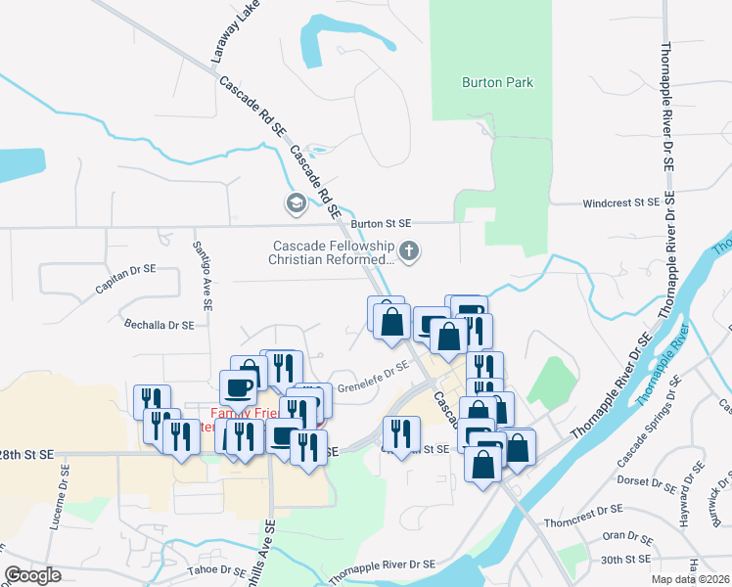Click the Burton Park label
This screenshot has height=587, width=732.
tap(497, 82)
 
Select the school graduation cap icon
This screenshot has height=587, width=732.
tap(295, 203)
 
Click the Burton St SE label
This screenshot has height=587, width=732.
tap(382, 224)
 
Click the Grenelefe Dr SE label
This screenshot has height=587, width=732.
tap(372, 377)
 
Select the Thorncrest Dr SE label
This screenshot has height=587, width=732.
tap(583, 509)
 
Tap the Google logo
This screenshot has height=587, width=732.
tap(32, 575)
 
